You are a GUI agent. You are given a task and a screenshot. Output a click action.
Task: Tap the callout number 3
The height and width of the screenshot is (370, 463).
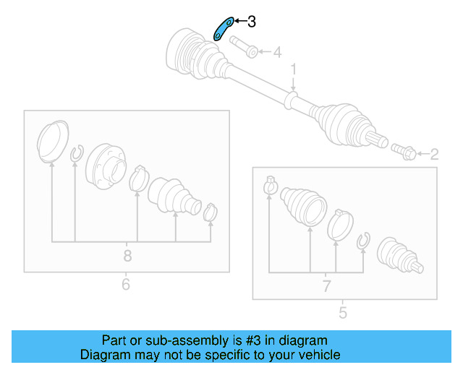pyautogui.click(x=251, y=22)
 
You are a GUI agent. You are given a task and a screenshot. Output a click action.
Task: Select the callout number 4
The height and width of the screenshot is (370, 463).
pyautogui.click(x=277, y=52)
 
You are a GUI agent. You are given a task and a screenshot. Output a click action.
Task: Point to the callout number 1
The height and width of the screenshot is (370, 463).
pyautogui.click(x=294, y=69)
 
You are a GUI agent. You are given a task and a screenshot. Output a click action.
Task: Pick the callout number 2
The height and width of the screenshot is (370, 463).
pyautogui.click(x=434, y=154)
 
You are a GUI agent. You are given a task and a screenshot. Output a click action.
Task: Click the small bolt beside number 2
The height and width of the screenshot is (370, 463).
pyautogui.click(x=402, y=150)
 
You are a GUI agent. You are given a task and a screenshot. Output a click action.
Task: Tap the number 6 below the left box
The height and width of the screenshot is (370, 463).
pyautogui.click(x=126, y=284)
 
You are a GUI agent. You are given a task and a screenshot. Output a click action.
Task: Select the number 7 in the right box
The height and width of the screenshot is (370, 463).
pyautogui.click(x=326, y=285)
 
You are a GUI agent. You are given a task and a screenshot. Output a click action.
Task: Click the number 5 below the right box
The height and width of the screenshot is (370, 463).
pyautogui.click(x=343, y=313)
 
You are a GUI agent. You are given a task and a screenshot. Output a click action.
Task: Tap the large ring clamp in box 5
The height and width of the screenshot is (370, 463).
pyautogui.click(x=338, y=223)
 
